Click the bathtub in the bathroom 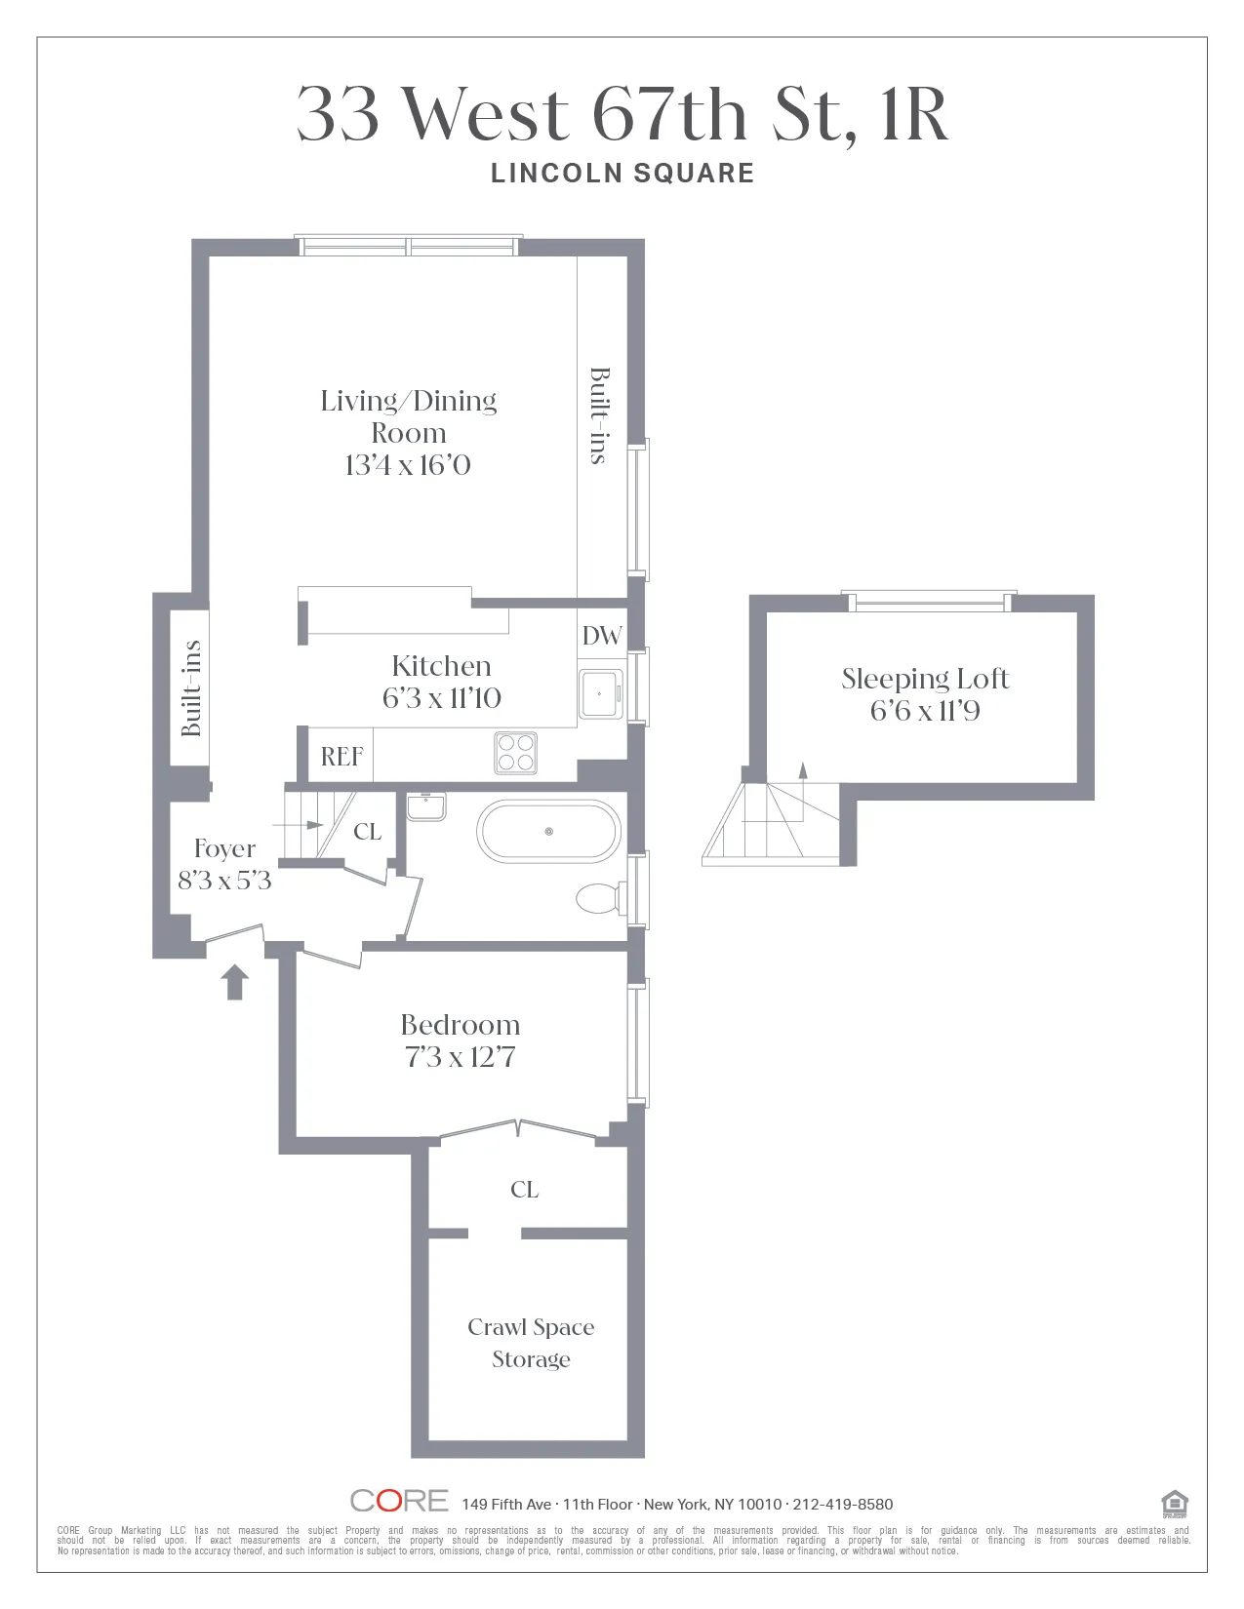pyautogui.click(x=548, y=832)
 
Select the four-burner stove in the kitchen pyautogui.click(x=515, y=753)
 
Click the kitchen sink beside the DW pyautogui.click(x=600, y=693)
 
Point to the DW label pyautogui.click(x=601, y=637)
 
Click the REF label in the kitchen pyautogui.click(x=341, y=757)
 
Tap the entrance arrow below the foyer pyautogui.click(x=234, y=982)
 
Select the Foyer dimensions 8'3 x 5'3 pyautogui.click(x=224, y=881)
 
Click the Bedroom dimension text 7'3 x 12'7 pyautogui.click(x=460, y=1057)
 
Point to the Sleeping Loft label pyautogui.click(x=925, y=679)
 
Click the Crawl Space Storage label pyautogui.click(x=531, y=1343)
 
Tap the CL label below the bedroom pyautogui.click(x=524, y=1190)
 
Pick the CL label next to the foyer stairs pyautogui.click(x=367, y=832)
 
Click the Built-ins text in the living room pyautogui.click(x=599, y=415)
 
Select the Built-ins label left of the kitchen pyautogui.click(x=191, y=687)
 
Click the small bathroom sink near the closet pyautogui.click(x=426, y=806)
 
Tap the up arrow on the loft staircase pyautogui.click(x=803, y=770)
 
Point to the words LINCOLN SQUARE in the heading pyautogui.click(x=622, y=174)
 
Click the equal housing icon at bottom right pyautogui.click(x=1175, y=1504)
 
